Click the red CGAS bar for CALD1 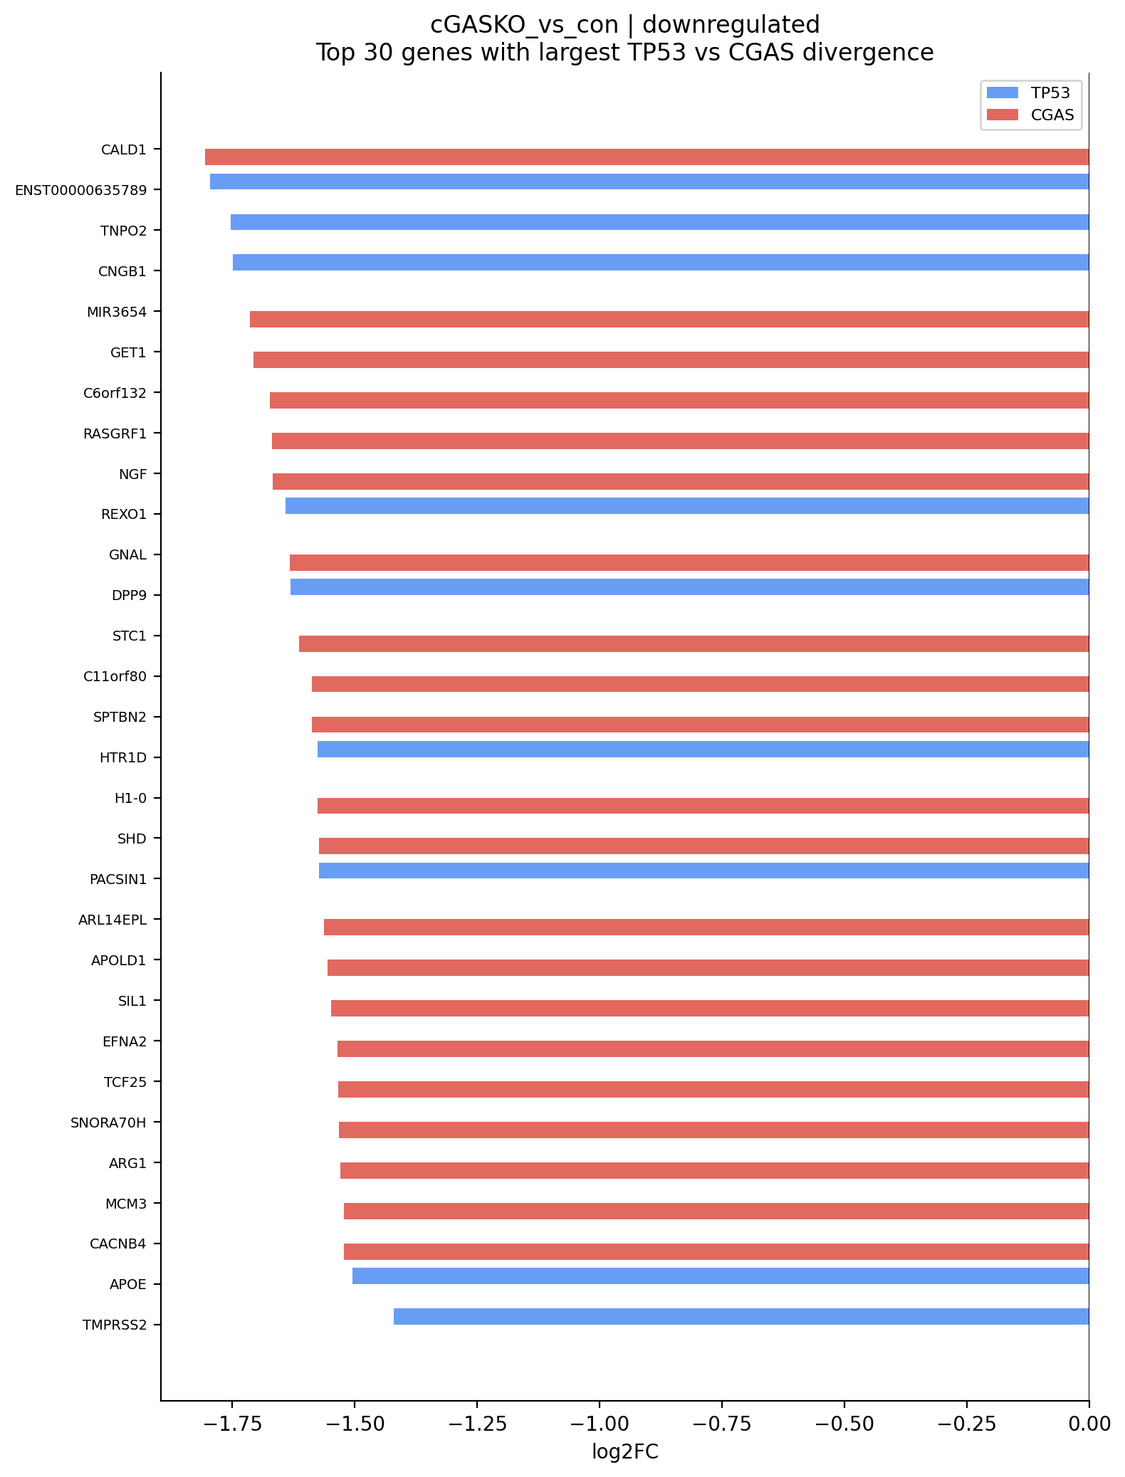tap(647, 157)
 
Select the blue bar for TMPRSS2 tap(741, 1316)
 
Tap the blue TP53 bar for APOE tap(721, 1276)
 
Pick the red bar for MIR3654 tap(669, 319)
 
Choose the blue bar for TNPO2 tap(659, 222)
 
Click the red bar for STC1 tap(694, 643)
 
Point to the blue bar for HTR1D tap(703, 749)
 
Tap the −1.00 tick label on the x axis tap(599, 1424)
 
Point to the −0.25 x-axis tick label tap(966, 1424)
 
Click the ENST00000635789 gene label tap(80, 190)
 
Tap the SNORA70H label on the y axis tap(108, 1123)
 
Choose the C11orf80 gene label tap(115, 676)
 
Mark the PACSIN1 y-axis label tap(117, 879)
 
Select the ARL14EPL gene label tap(112, 920)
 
